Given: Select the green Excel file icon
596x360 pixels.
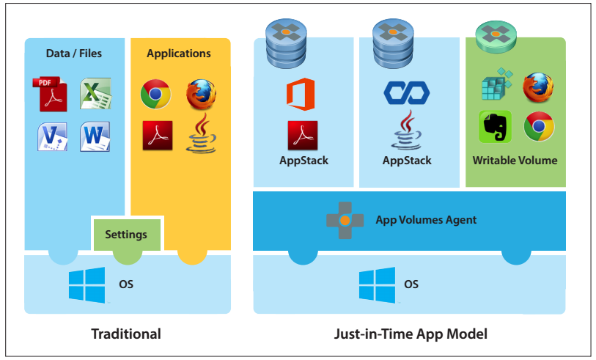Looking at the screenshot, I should coord(95,93).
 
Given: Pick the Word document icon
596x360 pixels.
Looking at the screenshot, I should coord(95,137).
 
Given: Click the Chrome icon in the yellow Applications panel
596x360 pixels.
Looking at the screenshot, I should coord(155,94).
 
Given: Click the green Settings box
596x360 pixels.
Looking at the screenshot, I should coord(126,235).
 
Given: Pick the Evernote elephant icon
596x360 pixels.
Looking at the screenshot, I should coord(495,127).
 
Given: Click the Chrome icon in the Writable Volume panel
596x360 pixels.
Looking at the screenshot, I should coord(539,127).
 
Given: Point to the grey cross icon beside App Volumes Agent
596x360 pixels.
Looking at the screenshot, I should coord(345,220).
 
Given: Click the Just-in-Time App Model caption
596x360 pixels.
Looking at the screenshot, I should coord(410,334).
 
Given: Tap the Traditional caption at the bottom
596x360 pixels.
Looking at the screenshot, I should coord(126,334).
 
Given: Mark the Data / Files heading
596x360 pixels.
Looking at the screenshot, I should coord(74,54).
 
